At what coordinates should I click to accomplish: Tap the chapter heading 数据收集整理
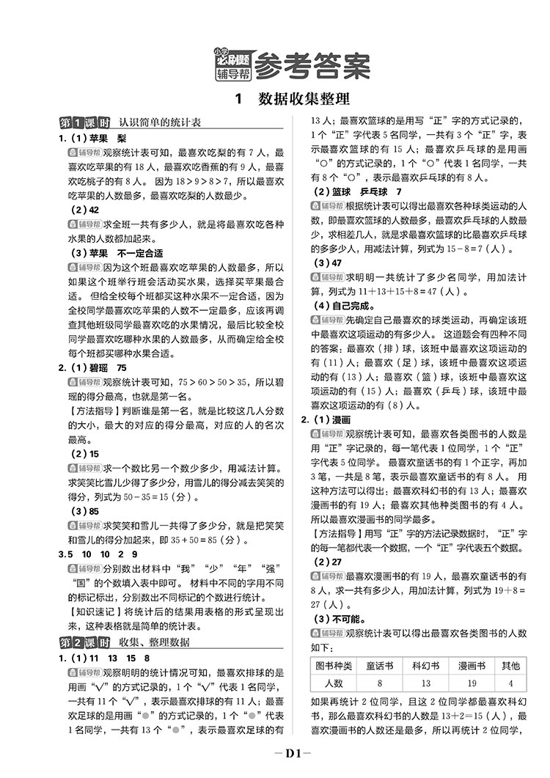point(303,99)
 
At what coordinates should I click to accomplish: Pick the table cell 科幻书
point(425,666)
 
